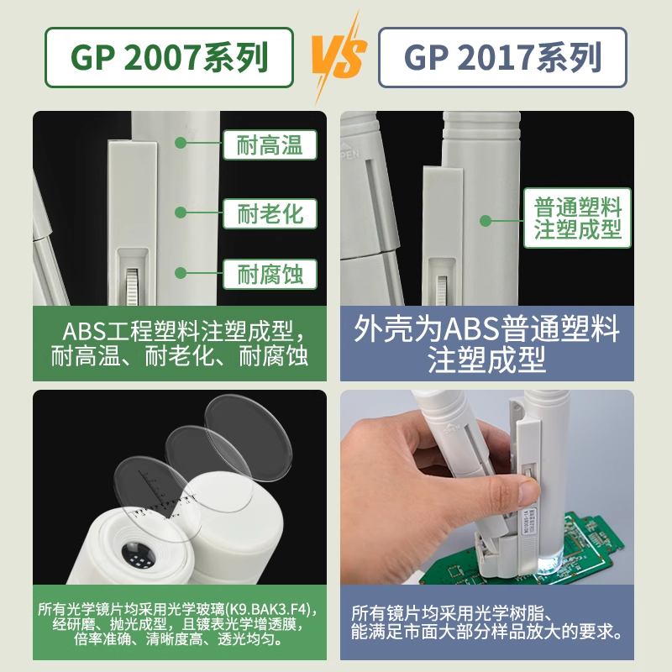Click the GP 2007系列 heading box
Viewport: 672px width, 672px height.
(169, 58)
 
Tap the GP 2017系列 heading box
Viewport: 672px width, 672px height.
(502, 58)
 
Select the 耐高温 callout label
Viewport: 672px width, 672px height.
(270, 144)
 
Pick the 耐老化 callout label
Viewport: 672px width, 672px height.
(270, 213)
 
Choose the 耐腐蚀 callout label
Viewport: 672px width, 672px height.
(270, 273)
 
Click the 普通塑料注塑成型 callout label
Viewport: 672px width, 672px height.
(578, 218)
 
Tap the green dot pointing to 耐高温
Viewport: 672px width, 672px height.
(180, 143)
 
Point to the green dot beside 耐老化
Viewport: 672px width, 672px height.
(180, 213)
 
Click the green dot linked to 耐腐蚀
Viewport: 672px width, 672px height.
(180, 272)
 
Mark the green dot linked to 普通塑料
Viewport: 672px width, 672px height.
(485, 221)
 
